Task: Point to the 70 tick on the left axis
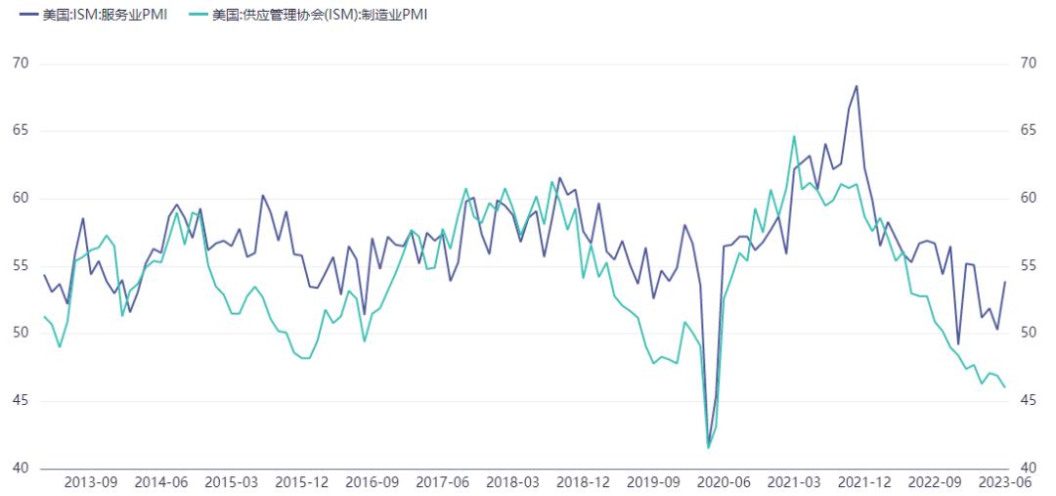point(21,64)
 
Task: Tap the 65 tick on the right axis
point(1028,131)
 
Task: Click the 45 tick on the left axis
point(21,401)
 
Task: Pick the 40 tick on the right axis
point(1028,469)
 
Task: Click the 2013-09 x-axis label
point(91,482)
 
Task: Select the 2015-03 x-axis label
point(232,482)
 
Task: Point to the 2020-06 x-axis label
point(724,482)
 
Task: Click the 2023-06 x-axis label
point(1004,482)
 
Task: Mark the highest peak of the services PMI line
point(857,86)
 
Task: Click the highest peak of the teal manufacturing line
point(794,136)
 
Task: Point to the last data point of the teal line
point(1005,387)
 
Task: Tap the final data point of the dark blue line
point(1005,282)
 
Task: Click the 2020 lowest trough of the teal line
point(709,447)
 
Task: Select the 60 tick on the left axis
point(21,199)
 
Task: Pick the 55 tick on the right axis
point(1028,266)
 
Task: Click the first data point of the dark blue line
point(44,275)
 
